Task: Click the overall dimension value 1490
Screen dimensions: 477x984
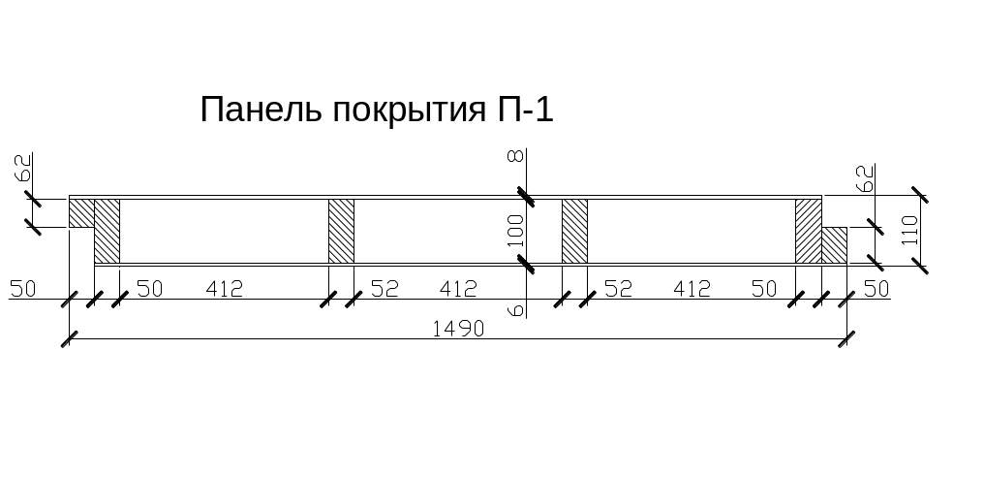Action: (x=459, y=329)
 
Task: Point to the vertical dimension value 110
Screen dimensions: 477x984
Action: (x=909, y=231)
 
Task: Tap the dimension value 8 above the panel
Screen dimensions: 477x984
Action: (x=514, y=155)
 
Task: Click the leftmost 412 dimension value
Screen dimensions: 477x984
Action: (x=223, y=288)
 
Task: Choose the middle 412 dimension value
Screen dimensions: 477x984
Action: (x=458, y=288)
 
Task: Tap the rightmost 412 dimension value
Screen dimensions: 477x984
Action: (x=692, y=288)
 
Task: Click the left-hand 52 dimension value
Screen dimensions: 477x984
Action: (x=384, y=288)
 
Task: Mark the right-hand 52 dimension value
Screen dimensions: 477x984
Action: (x=618, y=288)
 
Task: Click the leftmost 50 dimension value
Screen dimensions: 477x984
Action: (x=22, y=288)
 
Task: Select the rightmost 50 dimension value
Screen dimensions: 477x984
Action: (x=876, y=288)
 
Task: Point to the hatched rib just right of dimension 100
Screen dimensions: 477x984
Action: (x=574, y=230)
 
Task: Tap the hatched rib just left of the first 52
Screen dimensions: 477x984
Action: (x=341, y=230)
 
